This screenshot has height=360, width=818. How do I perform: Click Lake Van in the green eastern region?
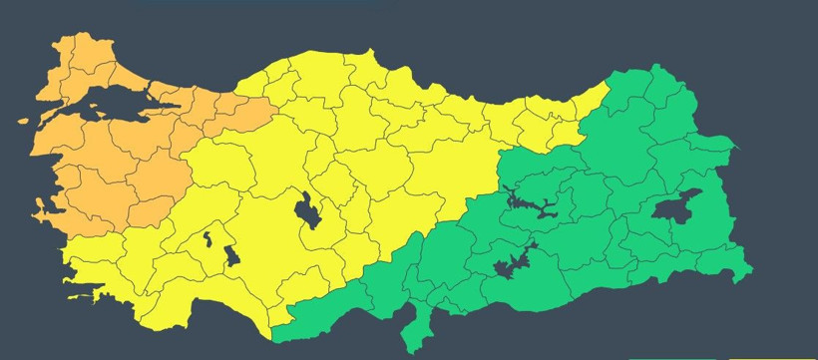click(677, 206)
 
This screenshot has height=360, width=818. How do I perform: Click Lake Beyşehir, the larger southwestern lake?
click(230, 255)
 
